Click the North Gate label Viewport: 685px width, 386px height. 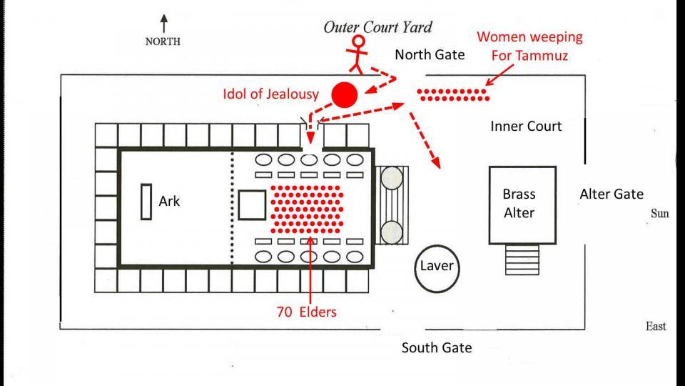pyautogui.click(x=430, y=54)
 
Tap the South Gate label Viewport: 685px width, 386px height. pyautogui.click(x=436, y=348)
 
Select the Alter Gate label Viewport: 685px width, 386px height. pyautogui.click(x=611, y=194)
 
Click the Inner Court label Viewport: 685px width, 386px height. pyautogui.click(x=526, y=127)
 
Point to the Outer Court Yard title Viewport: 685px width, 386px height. pyautogui.click(x=378, y=28)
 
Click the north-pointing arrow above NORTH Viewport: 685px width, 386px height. pyautogui.click(x=164, y=23)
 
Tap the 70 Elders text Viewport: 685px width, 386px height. pyautogui.click(x=306, y=312)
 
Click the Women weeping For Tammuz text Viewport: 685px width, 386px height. pyautogui.click(x=529, y=46)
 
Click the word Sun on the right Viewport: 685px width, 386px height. pyautogui.click(x=659, y=213)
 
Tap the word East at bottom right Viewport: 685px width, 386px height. pyautogui.click(x=655, y=326)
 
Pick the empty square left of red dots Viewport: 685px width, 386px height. pyautogui.click(x=251, y=204)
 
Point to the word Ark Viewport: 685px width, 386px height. pyautogui.click(x=169, y=202)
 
